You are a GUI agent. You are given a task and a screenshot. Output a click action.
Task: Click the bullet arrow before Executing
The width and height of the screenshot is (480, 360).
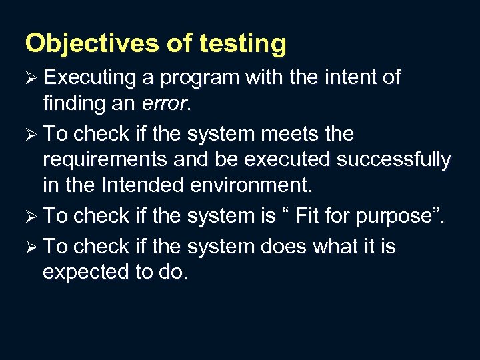(31, 78)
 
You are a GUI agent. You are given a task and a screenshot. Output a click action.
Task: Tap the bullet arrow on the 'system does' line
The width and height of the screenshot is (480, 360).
(31, 247)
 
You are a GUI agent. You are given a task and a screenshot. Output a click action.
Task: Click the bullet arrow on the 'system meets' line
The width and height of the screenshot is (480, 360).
(31, 135)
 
